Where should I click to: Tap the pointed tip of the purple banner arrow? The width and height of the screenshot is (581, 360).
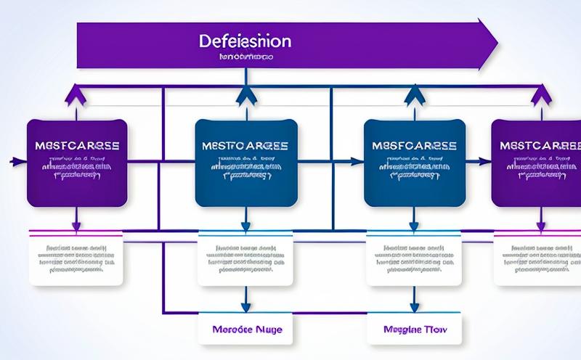tap(496, 44)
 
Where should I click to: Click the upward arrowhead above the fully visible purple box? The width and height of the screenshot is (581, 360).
tap(71, 92)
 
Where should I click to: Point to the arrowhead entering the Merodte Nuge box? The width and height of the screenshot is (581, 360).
tap(246, 308)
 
